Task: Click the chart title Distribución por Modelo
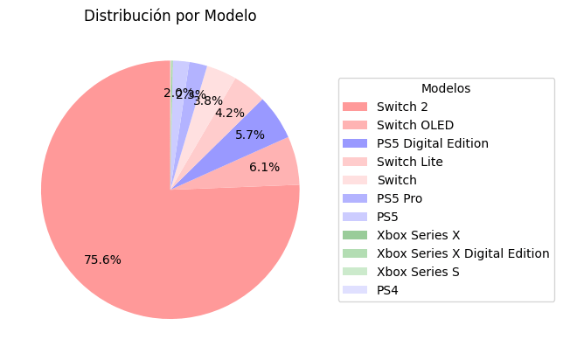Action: (170, 17)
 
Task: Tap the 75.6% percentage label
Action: (102, 260)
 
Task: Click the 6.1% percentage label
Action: (264, 168)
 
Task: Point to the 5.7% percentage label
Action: (249, 135)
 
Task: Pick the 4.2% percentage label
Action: (229, 114)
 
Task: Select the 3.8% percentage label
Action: (208, 100)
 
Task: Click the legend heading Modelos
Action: (445, 88)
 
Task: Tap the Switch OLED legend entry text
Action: (414, 125)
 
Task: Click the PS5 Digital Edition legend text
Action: (432, 143)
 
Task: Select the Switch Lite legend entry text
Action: (409, 162)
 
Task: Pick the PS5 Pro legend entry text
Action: (399, 198)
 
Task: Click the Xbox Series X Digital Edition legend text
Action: (462, 253)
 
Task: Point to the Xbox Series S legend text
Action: (417, 272)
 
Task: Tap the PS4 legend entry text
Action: (387, 290)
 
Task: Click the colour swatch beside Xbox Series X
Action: (355, 235)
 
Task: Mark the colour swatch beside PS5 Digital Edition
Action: (355, 143)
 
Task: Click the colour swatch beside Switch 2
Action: (355, 107)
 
